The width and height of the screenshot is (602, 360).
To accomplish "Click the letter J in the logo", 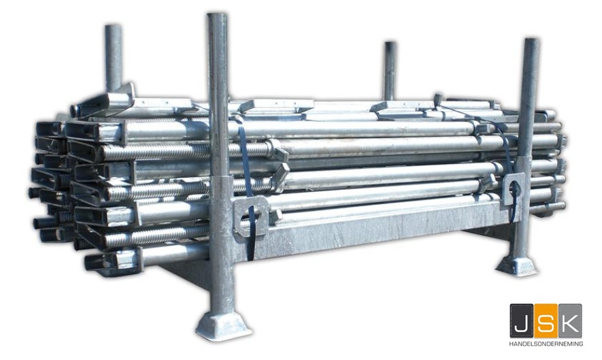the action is click(x=521, y=321).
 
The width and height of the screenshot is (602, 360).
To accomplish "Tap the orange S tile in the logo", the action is click(x=546, y=321).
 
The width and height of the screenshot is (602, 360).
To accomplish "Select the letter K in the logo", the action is click(x=570, y=321).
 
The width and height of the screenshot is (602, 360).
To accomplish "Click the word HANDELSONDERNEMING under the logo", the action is click(x=546, y=344).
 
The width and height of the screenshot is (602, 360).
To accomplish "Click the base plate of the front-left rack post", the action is click(x=223, y=326).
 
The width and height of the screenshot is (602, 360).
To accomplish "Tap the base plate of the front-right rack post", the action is click(x=518, y=266).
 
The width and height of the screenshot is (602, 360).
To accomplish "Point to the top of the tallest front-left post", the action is click(x=217, y=16).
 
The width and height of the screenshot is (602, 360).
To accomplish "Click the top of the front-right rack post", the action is click(x=532, y=40).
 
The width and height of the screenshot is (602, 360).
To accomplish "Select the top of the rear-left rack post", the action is click(x=114, y=27).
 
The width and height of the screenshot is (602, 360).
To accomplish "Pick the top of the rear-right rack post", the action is click(x=390, y=44).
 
